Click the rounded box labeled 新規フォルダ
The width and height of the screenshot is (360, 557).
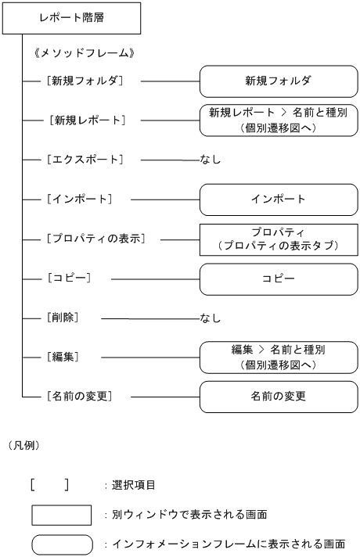(x=278, y=80)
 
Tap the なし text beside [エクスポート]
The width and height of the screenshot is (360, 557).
(x=211, y=160)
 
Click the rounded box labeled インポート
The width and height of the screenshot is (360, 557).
(x=278, y=199)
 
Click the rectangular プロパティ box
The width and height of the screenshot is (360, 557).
(x=278, y=239)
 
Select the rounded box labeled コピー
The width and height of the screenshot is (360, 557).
(x=278, y=278)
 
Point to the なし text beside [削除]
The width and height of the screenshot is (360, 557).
(x=211, y=318)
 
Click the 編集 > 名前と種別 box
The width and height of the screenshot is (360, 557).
(x=278, y=357)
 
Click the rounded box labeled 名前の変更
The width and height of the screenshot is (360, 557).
(x=278, y=396)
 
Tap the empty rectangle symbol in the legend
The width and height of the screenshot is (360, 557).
(x=62, y=515)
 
